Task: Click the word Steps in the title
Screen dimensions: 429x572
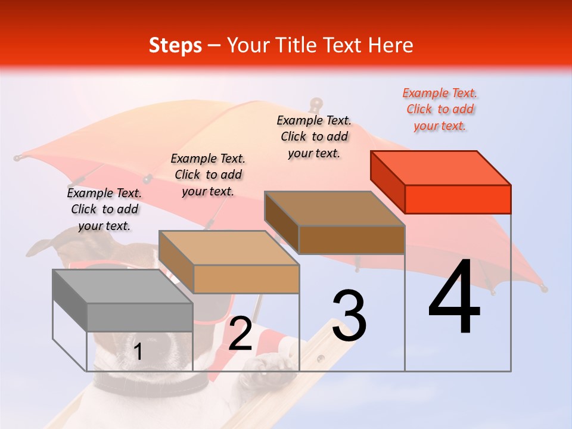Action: pos(175,45)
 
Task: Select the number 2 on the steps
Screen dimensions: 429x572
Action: pos(240,334)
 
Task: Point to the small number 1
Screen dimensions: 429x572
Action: pos(138,352)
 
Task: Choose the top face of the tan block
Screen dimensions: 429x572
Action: pos(229,248)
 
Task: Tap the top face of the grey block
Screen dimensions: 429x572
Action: pos(123,287)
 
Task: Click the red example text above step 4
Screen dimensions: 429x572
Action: pos(440,109)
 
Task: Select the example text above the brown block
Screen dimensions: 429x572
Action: pos(314,136)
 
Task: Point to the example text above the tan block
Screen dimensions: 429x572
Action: pos(208,175)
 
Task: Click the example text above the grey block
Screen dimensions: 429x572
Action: pos(104,209)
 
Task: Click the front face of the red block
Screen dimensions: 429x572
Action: pos(458,199)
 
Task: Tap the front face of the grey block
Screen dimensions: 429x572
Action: pos(139,317)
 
